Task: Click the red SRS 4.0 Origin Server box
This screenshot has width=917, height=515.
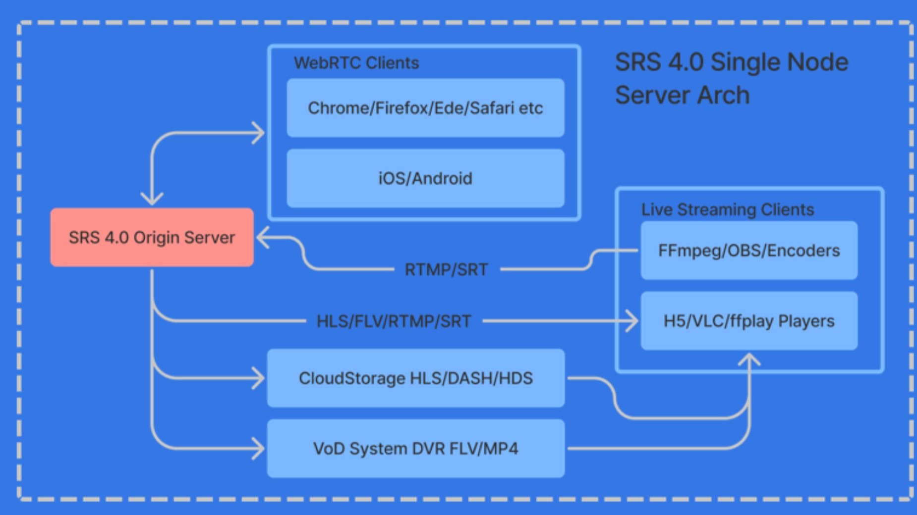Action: pos(152,237)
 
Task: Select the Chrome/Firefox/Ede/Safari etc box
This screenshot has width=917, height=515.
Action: pos(425,107)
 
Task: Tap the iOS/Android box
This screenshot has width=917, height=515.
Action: pos(425,178)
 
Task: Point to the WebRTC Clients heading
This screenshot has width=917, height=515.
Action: pos(356,63)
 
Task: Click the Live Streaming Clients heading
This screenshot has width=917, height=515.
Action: pos(728,209)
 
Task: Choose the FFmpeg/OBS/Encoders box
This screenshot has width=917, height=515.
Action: pos(749,251)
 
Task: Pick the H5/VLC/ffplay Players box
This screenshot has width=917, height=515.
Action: pos(749,321)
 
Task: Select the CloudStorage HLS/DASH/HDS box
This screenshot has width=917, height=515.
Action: pos(416,378)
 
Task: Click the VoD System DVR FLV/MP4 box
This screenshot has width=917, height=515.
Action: pos(416,449)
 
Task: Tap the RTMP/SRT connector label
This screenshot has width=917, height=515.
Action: pos(446,270)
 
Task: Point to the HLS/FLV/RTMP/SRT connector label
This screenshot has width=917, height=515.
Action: pos(394,321)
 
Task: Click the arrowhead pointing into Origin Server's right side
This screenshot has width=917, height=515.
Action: pos(263,238)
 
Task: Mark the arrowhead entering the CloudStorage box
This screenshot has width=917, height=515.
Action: pos(258,378)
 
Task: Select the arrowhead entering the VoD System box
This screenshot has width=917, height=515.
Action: pos(258,449)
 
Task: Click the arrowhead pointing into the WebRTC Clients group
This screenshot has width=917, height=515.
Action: pos(258,133)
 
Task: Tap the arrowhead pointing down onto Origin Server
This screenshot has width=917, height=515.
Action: pos(152,199)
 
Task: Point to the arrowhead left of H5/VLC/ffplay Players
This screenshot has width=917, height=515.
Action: pos(631,321)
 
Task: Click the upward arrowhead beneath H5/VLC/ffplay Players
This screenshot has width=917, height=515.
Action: pos(749,359)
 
